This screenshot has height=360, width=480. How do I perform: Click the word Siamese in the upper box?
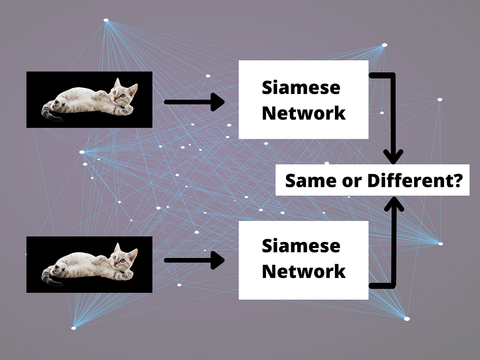point(301,87)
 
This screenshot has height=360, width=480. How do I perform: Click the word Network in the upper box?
point(304,113)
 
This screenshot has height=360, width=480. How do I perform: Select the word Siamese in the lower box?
point(301,246)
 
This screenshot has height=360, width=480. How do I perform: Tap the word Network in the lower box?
point(304,272)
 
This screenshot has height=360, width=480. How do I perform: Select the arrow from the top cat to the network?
point(194,102)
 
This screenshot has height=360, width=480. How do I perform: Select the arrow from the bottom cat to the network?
point(194,260)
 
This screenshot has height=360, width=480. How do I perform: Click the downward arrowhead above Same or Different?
point(394,156)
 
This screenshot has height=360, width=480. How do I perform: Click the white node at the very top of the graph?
point(106,20)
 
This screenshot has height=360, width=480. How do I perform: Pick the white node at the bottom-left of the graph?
point(74,328)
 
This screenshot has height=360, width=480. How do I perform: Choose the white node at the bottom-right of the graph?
point(407,319)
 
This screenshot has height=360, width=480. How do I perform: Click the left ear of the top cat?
point(117,83)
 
